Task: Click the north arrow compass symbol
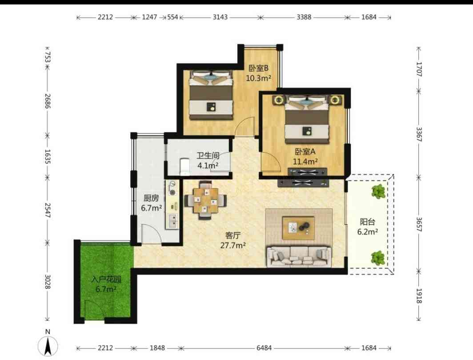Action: coord(48,346)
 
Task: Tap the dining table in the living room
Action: coord(206,200)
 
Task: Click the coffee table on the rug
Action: coord(298,228)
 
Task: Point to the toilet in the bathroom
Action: coord(184,166)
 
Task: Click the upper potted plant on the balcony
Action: coord(379,191)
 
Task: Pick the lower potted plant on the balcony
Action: coord(378,258)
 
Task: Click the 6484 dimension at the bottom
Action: coord(264,348)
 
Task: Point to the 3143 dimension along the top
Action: coord(220,17)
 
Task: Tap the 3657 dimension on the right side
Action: coord(419,224)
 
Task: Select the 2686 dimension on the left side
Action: coord(48,101)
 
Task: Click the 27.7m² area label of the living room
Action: coord(233,245)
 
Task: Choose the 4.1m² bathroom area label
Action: coord(208,166)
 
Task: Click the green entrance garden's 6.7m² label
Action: coord(106,289)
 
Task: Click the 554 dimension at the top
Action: coord(172,17)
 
